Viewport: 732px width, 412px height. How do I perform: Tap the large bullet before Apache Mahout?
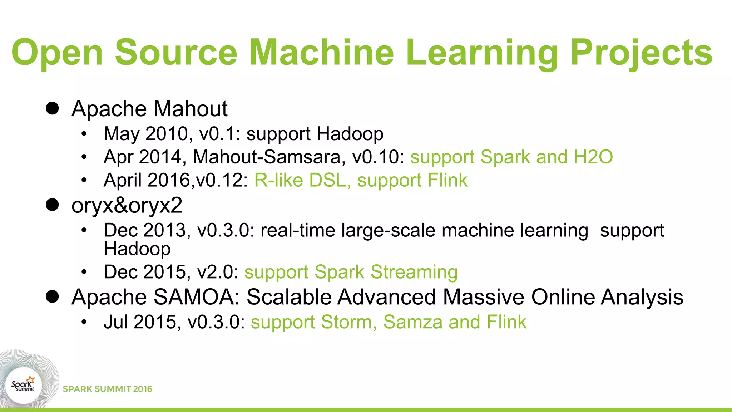(x=52, y=108)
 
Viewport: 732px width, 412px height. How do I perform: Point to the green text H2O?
(x=593, y=157)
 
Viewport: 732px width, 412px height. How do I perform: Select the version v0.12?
(x=222, y=180)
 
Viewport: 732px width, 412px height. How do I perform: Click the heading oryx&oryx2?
(x=127, y=205)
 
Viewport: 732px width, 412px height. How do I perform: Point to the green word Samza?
(x=413, y=322)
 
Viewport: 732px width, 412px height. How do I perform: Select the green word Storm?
(x=349, y=322)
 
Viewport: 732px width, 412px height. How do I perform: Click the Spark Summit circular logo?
(x=23, y=386)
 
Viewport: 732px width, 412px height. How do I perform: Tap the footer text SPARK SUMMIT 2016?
(x=107, y=389)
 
